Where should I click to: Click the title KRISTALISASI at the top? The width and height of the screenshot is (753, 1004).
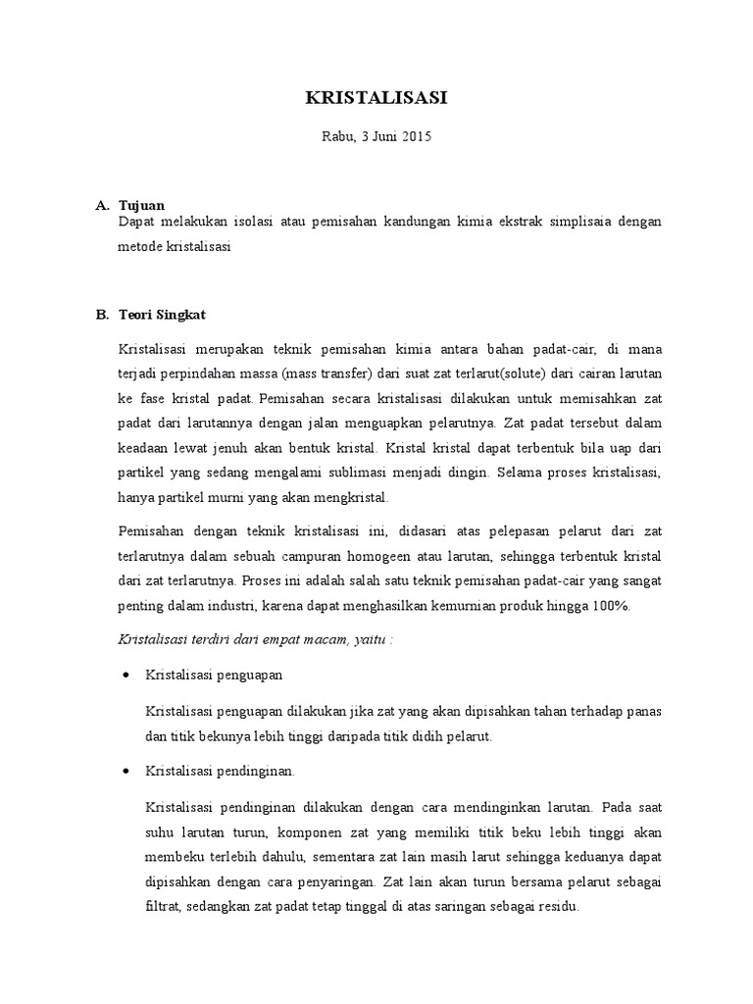(x=376, y=99)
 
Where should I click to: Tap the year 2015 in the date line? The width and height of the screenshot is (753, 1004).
(x=415, y=137)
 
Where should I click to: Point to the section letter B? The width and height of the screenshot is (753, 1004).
(x=101, y=315)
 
